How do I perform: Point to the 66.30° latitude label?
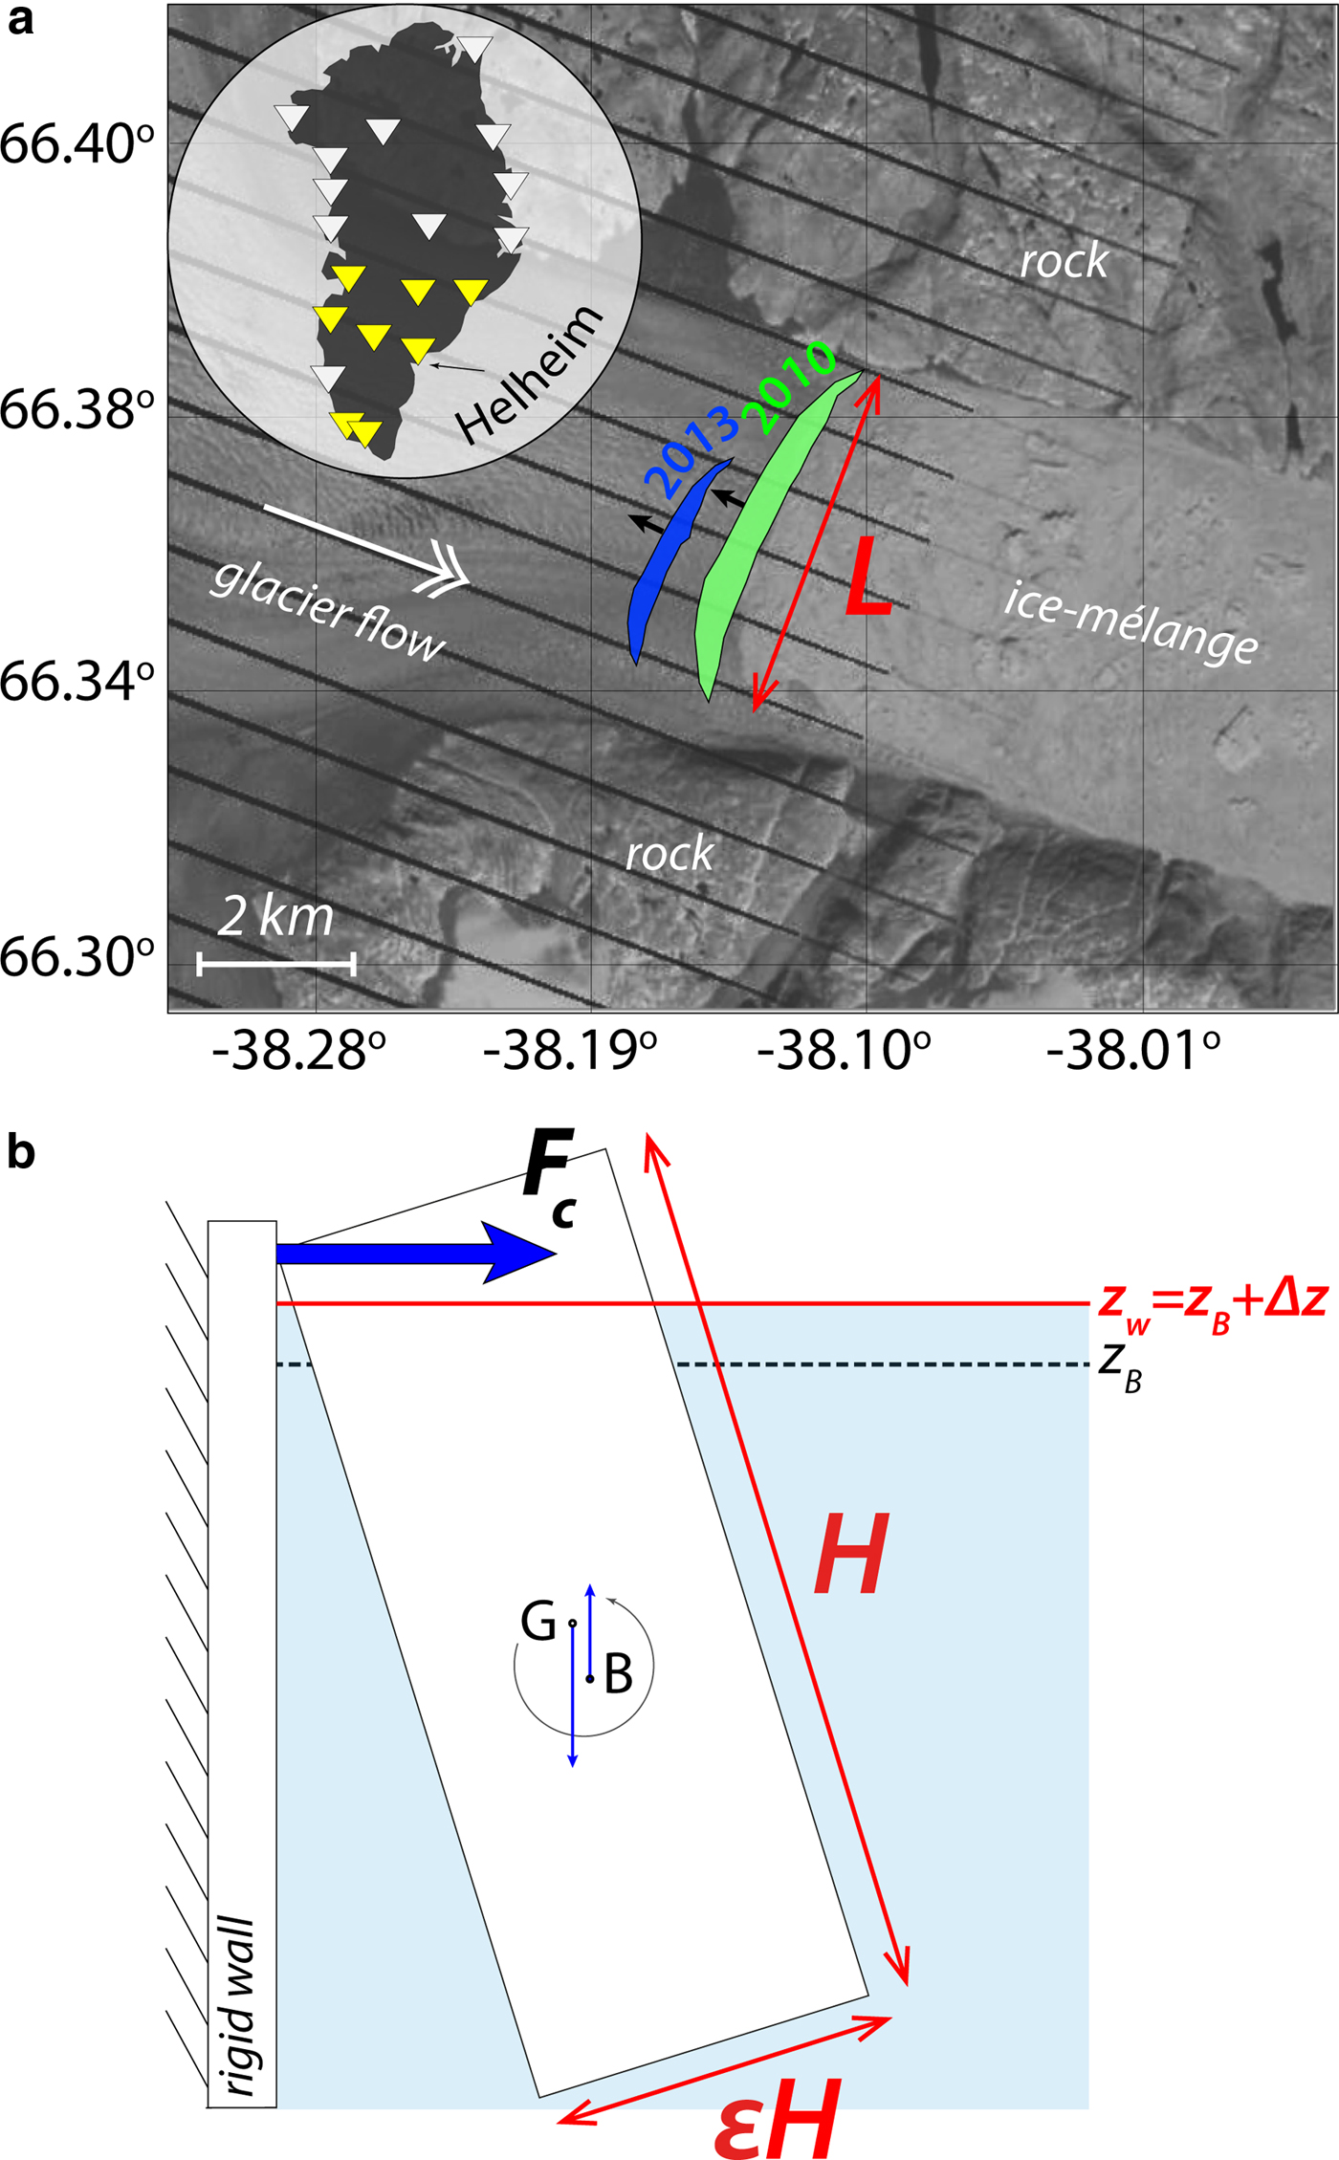pyautogui.click(x=77, y=957)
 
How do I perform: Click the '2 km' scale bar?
pyautogui.click(x=276, y=964)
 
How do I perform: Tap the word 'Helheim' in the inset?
pyautogui.click(x=529, y=375)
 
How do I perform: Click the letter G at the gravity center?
pyautogui.click(x=538, y=1622)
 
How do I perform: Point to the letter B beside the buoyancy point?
pyautogui.click(x=619, y=1673)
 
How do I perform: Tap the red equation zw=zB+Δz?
pyautogui.click(x=1212, y=1302)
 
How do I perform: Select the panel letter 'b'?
pyautogui.click(x=21, y=1153)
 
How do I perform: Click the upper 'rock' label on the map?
pyautogui.click(x=1064, y=261)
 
